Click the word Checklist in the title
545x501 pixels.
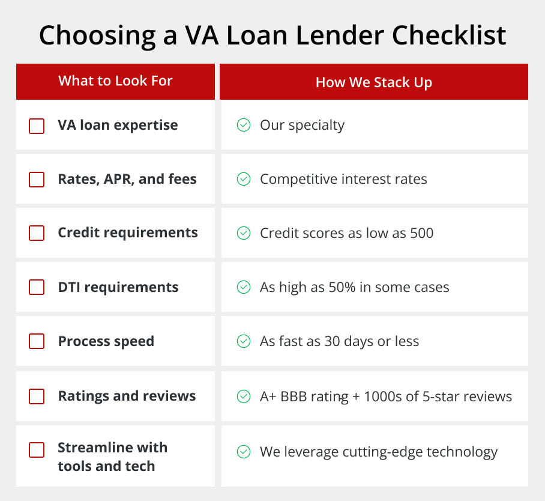point(449,35)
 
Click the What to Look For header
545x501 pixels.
point(115,80)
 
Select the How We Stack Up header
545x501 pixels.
point(374,82)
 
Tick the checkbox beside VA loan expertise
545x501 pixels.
point(37,126)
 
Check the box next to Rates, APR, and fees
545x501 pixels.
point(37,180)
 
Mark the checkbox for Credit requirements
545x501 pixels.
point(37,233)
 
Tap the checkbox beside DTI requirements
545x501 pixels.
point(37,287)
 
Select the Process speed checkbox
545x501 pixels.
point(37,341)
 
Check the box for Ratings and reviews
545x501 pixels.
point(37,396)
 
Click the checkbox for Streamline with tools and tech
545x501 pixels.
point(37,450)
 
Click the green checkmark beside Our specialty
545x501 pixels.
point(244,125)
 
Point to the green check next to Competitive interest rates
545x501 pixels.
point(244,179)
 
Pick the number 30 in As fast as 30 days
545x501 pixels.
point(332,341)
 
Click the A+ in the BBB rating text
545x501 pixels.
point(268,396)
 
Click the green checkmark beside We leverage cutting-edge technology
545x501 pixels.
point(244,452)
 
